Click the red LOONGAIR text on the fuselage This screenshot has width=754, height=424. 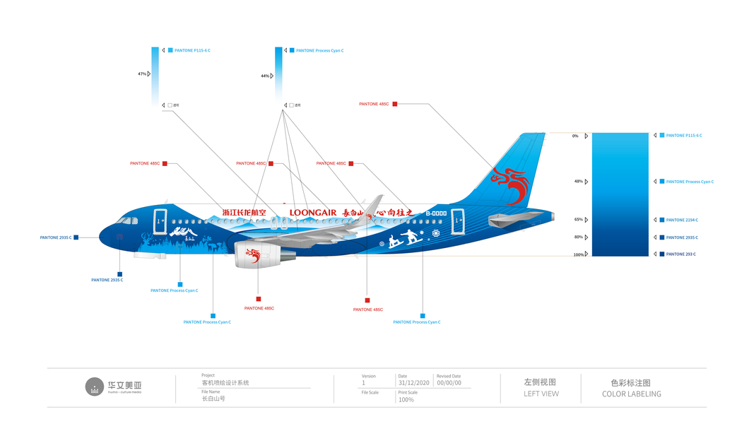(313, 213)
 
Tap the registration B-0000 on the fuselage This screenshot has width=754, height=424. (436, 213)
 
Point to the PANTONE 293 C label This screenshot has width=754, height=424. (681, 254)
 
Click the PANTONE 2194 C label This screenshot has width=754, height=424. (682, 220)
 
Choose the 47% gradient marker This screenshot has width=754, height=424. (142, 73)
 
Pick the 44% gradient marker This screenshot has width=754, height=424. (265, 76)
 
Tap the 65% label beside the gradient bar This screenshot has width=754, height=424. (578, 220)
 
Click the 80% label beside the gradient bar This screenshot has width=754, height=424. (578, 237)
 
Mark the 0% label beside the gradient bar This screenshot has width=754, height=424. (575, 136)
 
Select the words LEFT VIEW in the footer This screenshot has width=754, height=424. (541, 394)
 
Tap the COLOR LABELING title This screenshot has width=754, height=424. (631, 394)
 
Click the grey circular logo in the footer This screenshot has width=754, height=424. (95, 387)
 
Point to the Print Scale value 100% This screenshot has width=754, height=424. (406, 400)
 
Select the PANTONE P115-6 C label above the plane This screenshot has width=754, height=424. (192, 51)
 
